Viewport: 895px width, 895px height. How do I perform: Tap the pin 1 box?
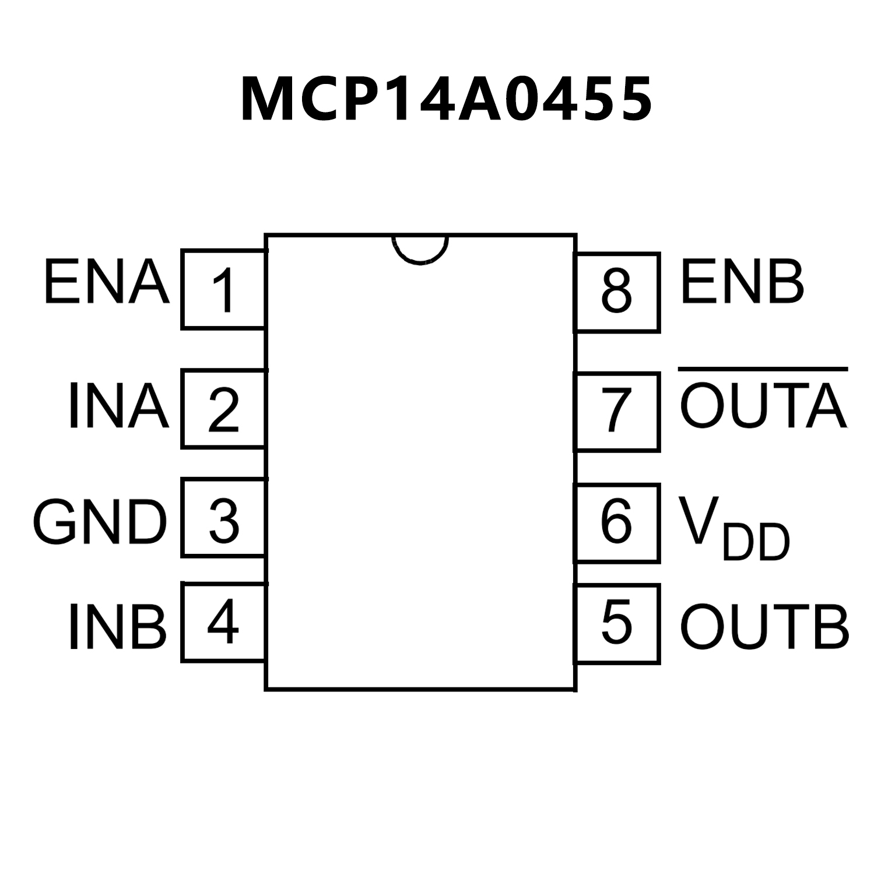(223, 290)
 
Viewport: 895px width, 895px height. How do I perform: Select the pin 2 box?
(223, 409)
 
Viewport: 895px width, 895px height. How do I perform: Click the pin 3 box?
(223, 518)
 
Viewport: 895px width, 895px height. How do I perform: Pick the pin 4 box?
(223, 623)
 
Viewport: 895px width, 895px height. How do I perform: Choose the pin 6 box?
(617, 522)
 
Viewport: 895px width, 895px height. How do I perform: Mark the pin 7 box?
(617, 412)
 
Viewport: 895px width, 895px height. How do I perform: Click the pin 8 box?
(617, 293)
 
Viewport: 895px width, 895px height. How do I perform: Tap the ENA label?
(107, 283)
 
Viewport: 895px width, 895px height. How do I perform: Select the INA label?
(118, 406)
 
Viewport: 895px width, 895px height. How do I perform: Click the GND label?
(100, 522)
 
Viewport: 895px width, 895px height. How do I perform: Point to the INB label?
(117, 627)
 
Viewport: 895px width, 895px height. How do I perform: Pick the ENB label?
(742, 283)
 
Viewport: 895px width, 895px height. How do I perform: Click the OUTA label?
(763, 406)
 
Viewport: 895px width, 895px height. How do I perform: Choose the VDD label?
(735, 528)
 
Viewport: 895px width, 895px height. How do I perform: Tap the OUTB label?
(764, 627)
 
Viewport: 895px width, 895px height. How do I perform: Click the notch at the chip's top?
(420, 248)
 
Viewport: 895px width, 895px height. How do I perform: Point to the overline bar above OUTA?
(763, 369)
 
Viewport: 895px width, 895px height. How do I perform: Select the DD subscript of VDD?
(756, 543)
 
